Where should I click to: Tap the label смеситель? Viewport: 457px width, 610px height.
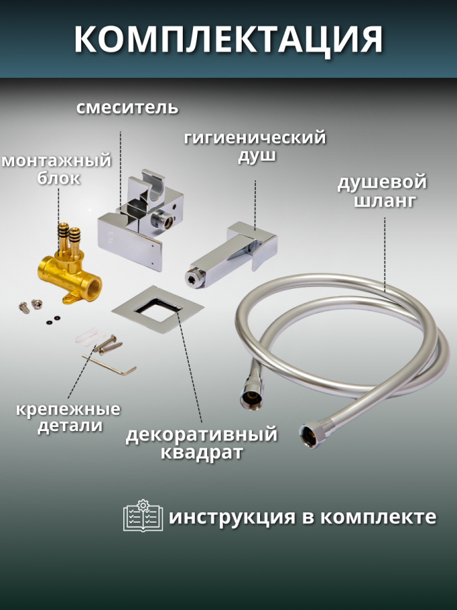[127, 107]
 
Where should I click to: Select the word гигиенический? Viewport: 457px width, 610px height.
[255, 138]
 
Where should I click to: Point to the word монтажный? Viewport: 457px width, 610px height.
[56, 161]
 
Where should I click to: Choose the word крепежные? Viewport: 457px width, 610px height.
[69, 409]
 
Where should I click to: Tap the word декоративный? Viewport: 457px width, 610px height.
[202, 434]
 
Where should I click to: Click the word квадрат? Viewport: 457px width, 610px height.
[202, 452]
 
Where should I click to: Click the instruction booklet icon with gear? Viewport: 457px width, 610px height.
[143, 516]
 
